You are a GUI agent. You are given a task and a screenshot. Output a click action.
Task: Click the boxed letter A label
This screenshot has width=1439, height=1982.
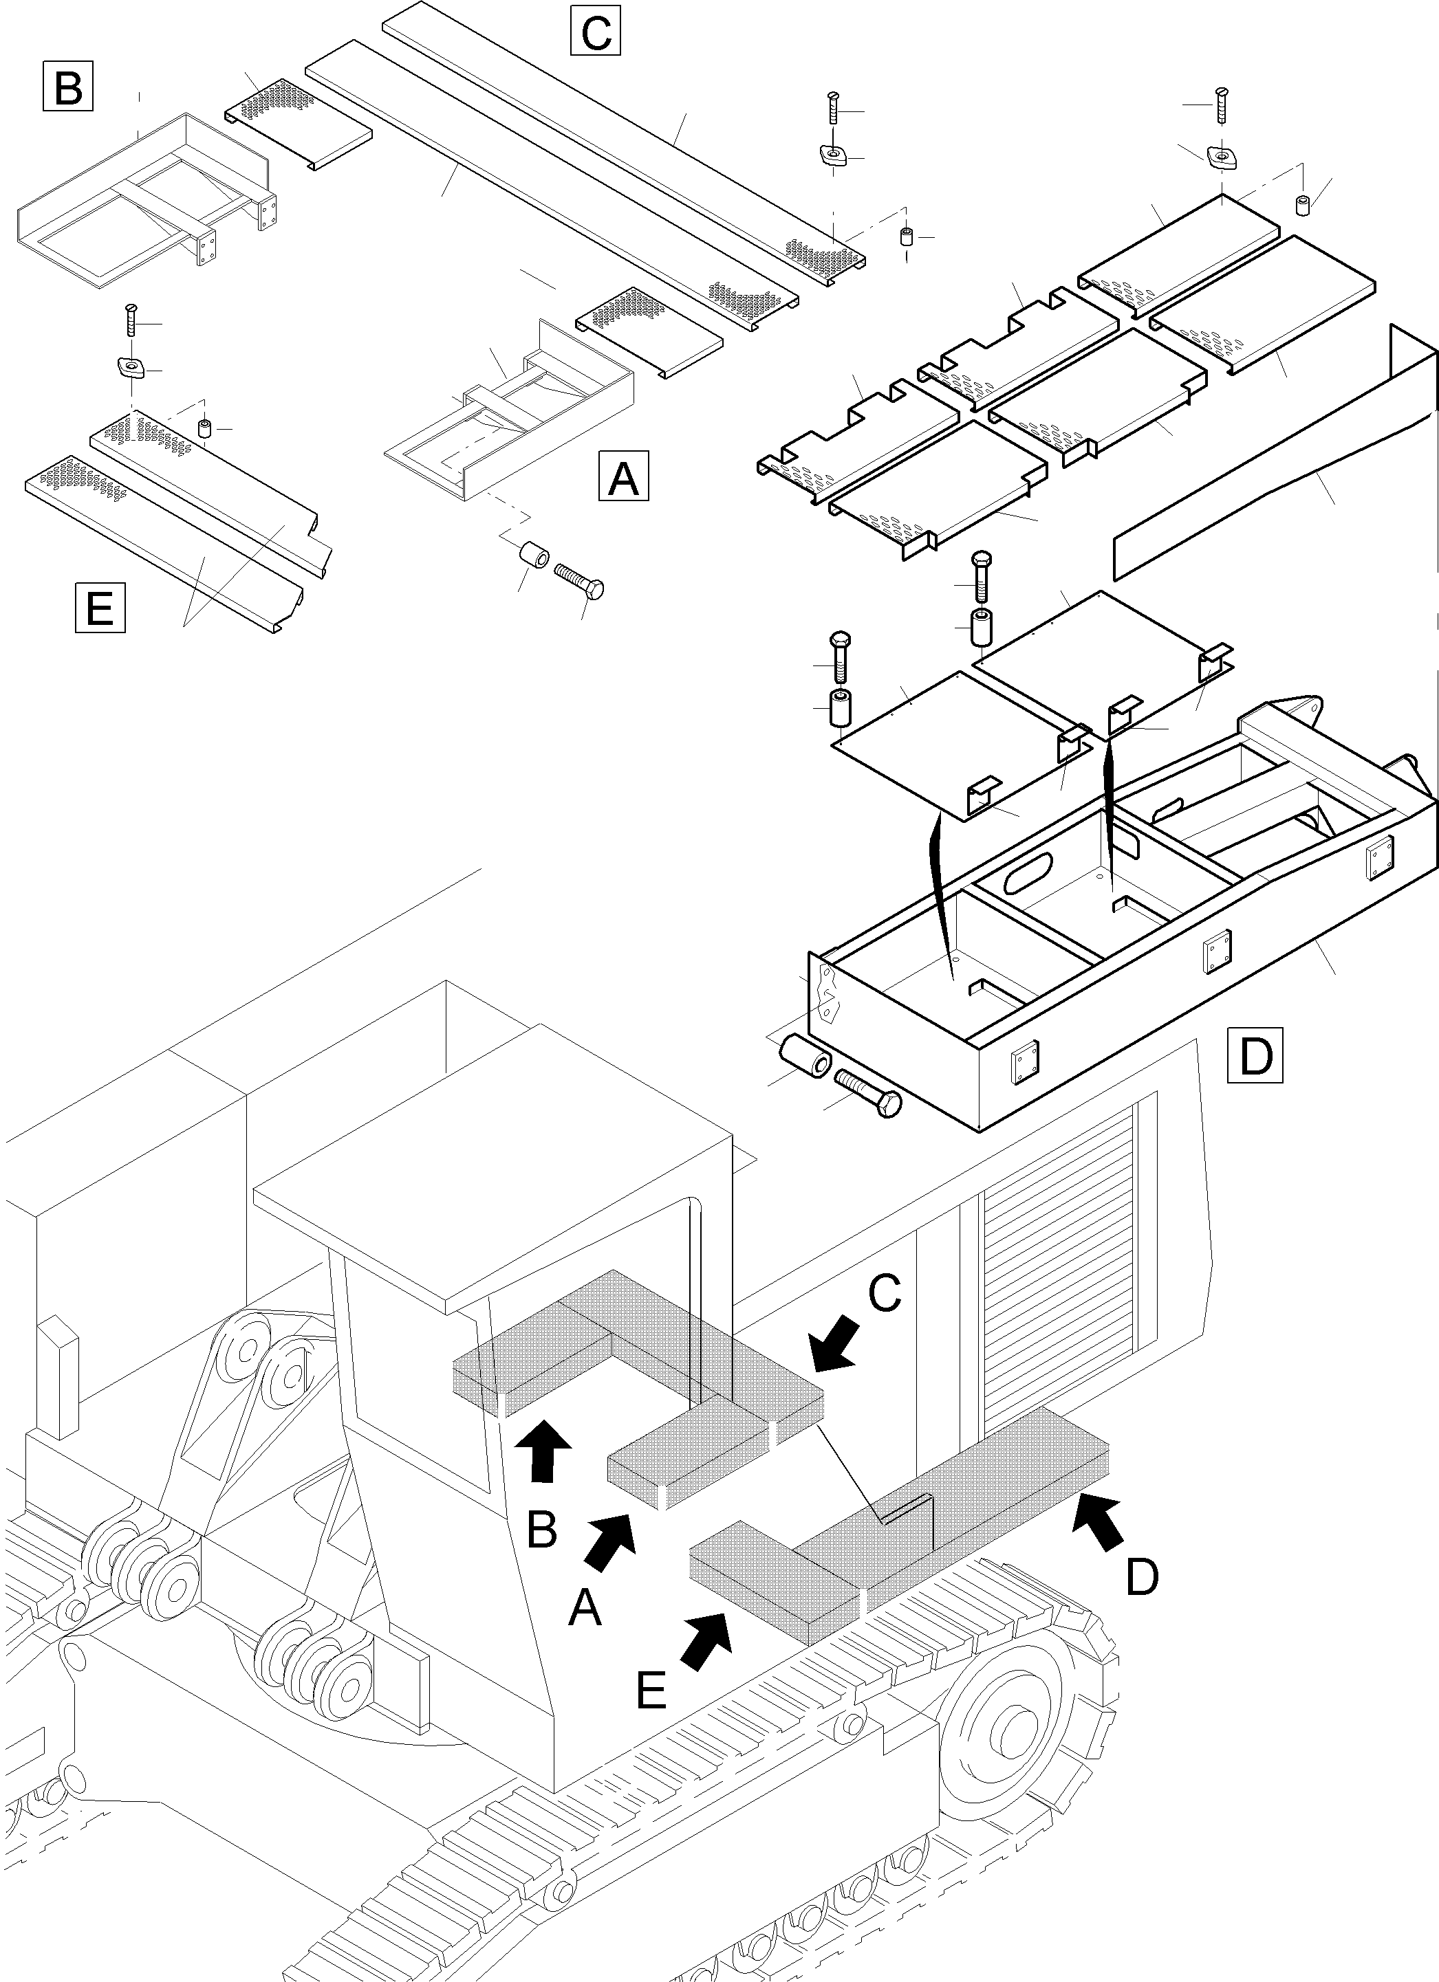(623, 476)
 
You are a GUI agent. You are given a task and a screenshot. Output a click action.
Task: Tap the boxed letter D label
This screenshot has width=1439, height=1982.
(1255, 1056)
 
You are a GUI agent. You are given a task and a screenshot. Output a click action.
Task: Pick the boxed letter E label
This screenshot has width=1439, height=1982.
(100, 606)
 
